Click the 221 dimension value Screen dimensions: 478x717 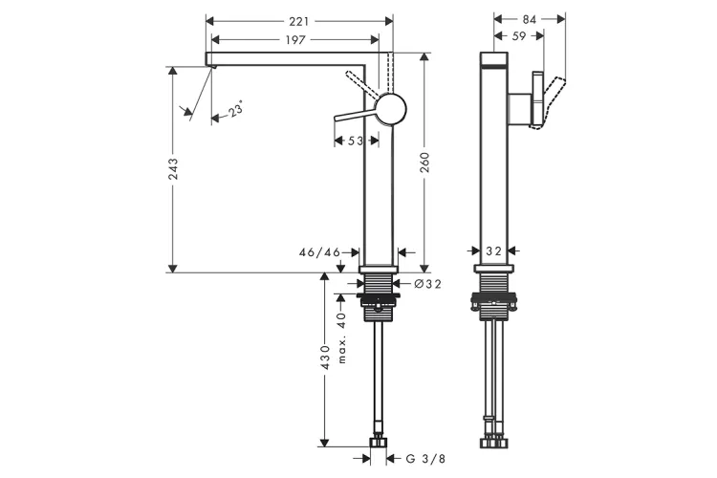click(x=300, y=19)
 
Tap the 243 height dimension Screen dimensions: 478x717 click(x=173, y=169)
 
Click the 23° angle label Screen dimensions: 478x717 click(x=236, y=111)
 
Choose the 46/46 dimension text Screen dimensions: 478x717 click(x=319, y=252)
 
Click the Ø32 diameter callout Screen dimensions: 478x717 click(x=426, y=283)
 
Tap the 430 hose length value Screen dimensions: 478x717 click(x=325, y=357)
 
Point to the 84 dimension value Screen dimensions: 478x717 click(x=531, y=18)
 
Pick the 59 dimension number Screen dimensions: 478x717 click(x=517, y=37)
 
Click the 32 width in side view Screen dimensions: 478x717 click(x=494, y=250)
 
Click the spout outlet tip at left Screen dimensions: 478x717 click(x=212, y=62)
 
